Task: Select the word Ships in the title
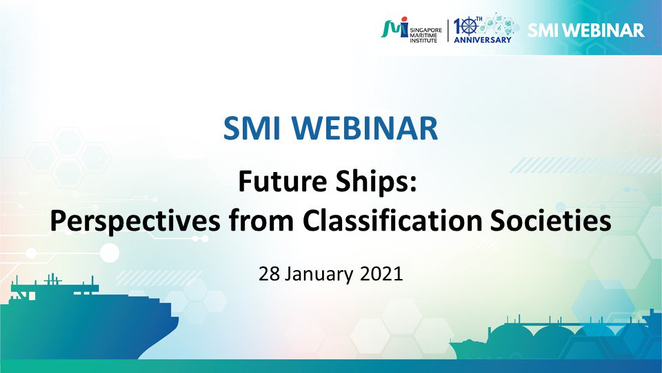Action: (x=377, y=182)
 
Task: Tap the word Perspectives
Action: (x=135, y=222)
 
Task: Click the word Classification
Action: (x=392, y=220)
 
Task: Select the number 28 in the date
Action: (x=269, y=274)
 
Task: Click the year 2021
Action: (x=381, y=274)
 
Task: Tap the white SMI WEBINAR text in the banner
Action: (x=586, y=30)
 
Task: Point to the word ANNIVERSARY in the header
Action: (x=483, y=40)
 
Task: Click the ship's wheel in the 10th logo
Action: (x=469, y=27)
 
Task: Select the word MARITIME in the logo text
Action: (x=423, y=35)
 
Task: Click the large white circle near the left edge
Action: (x=110, y=253)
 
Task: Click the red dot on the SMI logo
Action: (x=405, y=19)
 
